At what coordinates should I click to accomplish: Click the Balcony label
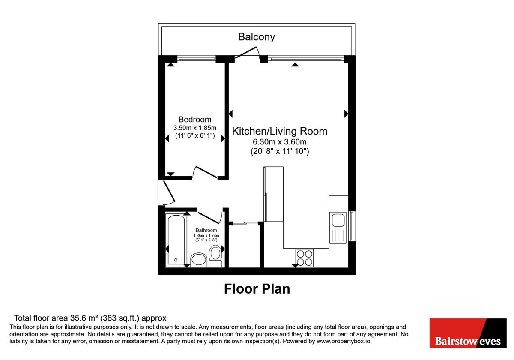click(257, 37)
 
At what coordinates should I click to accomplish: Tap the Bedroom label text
click(195, 120)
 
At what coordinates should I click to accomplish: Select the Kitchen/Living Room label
click(279, 131)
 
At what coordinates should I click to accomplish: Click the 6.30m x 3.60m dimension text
click(279, 142)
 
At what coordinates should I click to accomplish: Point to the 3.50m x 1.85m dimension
click(195, 128)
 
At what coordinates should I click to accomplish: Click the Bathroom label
click(206, 230)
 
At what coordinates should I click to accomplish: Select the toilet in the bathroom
click(215, 253)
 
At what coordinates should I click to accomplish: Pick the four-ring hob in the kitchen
click(304, 258)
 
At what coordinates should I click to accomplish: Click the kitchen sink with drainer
click(338, 227)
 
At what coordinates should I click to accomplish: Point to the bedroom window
click(196, 59)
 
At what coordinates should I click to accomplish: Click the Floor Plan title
click(257, 289)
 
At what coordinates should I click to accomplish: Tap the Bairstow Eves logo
click(468, 334)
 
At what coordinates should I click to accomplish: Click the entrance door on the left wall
click(165, 192)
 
